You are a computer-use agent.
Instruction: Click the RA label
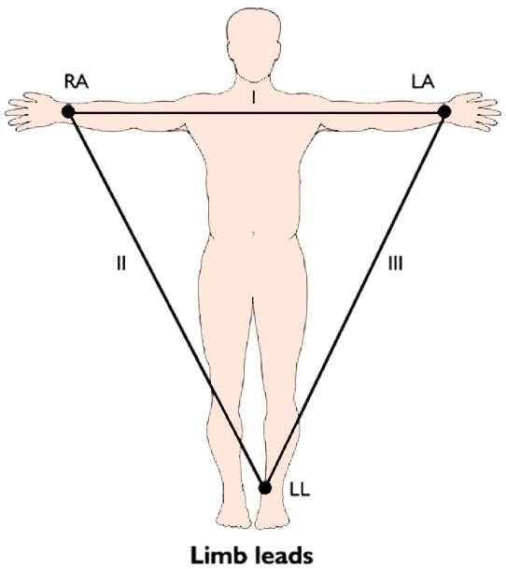point(77,82)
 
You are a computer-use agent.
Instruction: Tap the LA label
point(423,82)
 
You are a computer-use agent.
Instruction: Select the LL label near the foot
point(300,490)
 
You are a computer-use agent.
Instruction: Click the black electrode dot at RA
point(68,111)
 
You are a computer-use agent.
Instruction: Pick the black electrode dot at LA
point(444,112)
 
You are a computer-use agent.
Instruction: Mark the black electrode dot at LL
point(265,488)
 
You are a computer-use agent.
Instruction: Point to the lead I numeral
point(254,97)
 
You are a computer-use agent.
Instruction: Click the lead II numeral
point(121,263)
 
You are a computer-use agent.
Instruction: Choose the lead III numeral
point(395,263)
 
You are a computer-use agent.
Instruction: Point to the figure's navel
point(253,234)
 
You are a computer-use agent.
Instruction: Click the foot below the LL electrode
point(273,512)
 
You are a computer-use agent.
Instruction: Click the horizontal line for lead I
point(256,113)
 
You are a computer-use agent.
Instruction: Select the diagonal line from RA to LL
point(166,300)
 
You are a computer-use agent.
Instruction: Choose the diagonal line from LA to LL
point(355,300)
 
